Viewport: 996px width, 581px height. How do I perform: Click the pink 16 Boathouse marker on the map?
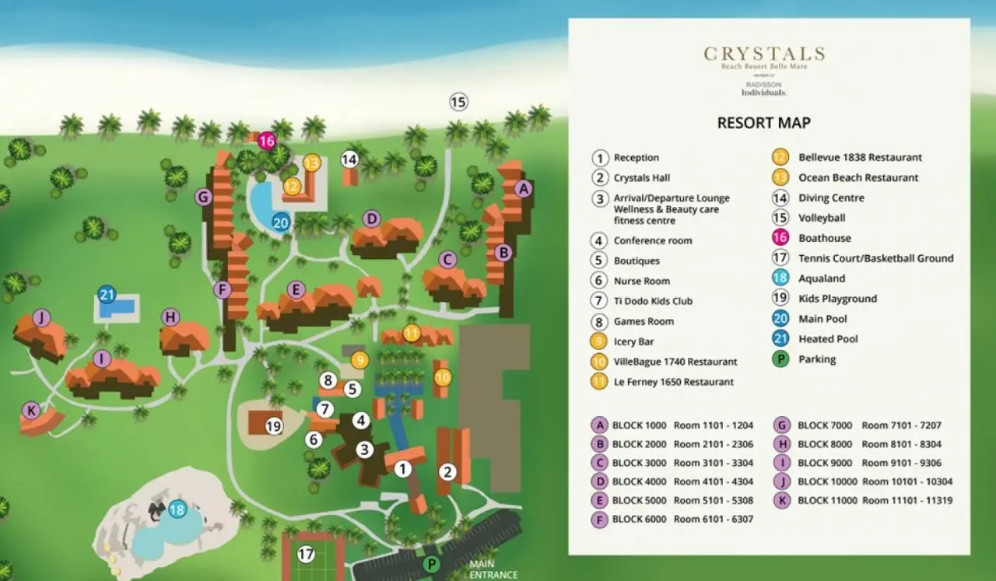point(267,141)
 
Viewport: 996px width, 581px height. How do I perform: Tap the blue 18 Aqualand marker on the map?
point(177,509)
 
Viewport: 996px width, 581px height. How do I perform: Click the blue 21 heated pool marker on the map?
point(107,295)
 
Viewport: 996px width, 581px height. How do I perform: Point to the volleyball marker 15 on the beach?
point(458,102)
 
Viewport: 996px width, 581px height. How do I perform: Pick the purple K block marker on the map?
point(30,410)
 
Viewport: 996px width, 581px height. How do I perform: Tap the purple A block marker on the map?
point(523,188)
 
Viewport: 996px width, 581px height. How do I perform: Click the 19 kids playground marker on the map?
point(273,426)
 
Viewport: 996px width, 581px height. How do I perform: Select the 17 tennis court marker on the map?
point(306,555)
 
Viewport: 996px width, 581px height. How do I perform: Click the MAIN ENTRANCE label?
point(493,570)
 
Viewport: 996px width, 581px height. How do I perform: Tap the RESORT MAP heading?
point(763,123)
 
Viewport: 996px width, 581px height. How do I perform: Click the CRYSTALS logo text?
point(763,54)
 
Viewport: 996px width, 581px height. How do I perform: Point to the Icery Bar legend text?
point(633,341)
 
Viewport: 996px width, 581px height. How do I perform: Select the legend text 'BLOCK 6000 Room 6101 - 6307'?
point(682,519)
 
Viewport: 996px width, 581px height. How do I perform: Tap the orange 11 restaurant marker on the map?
point(412,334)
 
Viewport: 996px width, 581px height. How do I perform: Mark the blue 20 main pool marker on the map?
point(281,222)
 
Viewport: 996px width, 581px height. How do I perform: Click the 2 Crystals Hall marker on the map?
point(447,471)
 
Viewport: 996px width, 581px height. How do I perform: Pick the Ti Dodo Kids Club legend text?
point(653,301)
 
